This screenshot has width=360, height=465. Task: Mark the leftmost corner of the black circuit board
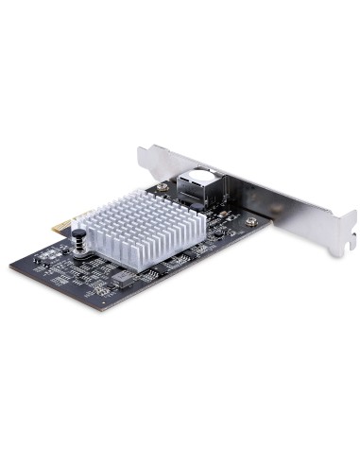[28, 256]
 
